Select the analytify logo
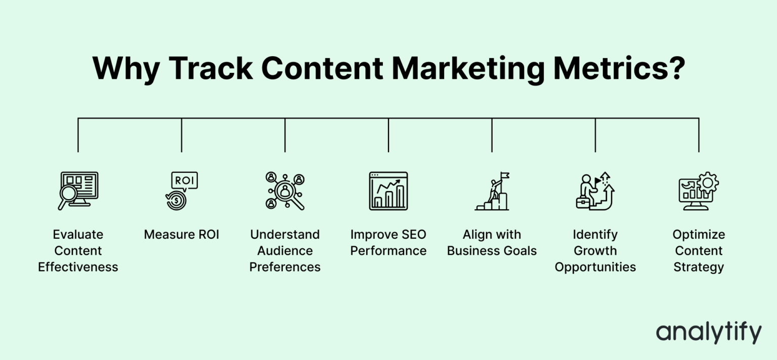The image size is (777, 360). point(708,333)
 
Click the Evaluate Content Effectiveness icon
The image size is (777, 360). point(78,191)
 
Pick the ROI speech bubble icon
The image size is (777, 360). point(182,191)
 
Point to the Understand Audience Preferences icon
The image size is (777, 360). point(285,191)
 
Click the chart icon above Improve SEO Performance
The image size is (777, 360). point(388,191)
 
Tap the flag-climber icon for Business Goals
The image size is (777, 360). point(492,191)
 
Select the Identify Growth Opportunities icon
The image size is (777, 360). point(595,191)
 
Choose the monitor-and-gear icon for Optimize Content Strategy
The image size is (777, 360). point(698,191)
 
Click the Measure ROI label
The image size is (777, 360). point(182,235)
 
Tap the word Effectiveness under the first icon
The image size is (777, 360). point(78,267)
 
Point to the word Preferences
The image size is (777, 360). point(285,267)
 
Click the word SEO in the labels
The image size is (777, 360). point(414,235)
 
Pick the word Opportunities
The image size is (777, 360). point(595,267)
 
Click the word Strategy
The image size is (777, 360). point(698,267)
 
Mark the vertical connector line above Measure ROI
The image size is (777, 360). point(182,135)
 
